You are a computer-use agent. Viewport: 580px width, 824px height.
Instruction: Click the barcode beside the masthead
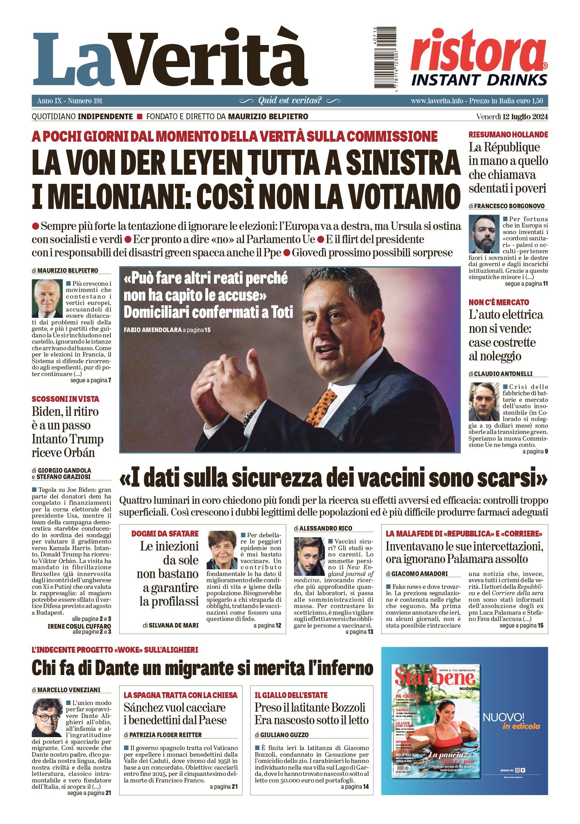point(385,58)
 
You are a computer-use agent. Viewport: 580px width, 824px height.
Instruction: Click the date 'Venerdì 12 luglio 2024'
point(512,117)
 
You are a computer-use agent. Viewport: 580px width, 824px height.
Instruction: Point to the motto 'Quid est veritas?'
point(290,100)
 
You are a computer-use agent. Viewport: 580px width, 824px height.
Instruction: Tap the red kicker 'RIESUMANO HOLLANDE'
point(508,135)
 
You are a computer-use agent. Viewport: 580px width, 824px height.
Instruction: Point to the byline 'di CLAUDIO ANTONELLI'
point(501,374)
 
